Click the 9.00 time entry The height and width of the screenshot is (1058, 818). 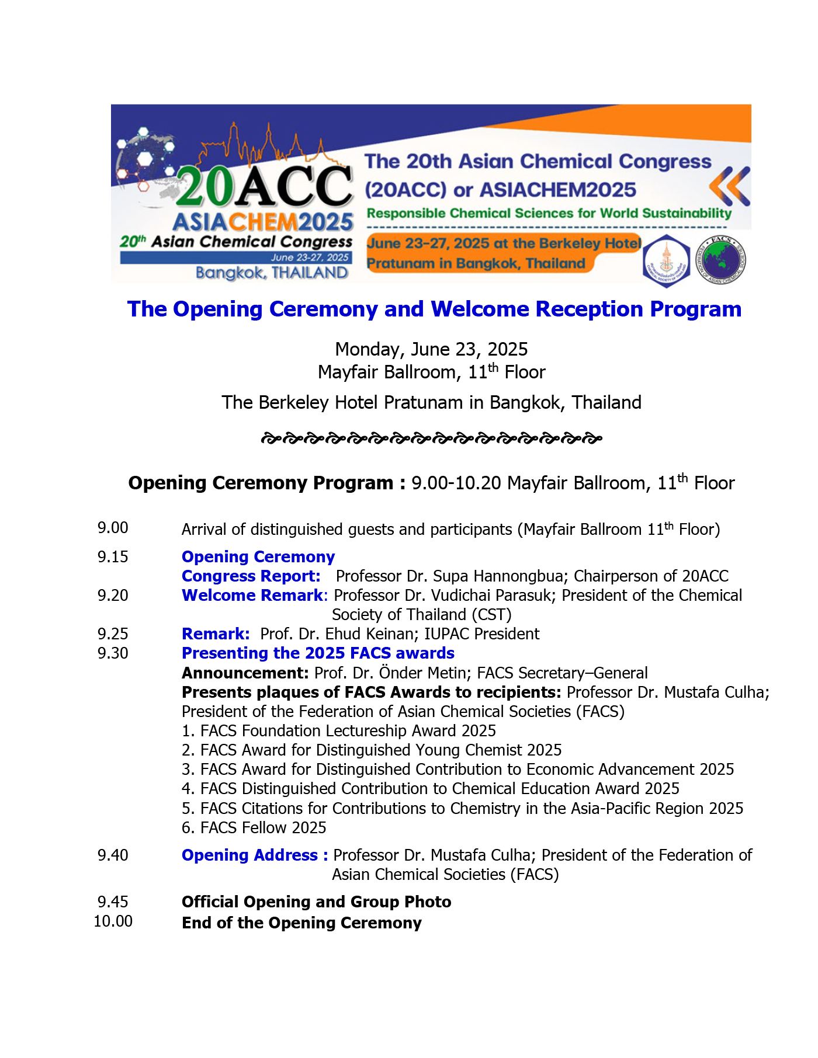pos(113,528)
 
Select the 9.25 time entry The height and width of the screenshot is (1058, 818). pos(113,634)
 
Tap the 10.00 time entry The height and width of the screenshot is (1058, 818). pos(113,921)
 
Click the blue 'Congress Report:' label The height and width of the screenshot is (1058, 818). pos(251,576)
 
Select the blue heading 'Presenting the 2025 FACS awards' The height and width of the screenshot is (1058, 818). pos(318,653)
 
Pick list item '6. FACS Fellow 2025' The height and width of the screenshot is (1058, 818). pos(254,828)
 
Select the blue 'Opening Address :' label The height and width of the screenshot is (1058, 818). pos(255,855)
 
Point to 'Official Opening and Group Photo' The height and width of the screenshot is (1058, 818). pos(316,902)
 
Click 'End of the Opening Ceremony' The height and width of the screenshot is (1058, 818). pos(301,923)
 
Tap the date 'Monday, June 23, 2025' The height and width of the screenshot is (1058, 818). pos(431,349)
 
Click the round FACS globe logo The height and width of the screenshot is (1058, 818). pos(721,260)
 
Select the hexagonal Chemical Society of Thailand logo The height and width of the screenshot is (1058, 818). pos(666,261)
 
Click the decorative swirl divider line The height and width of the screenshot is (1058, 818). pos(431,438)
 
